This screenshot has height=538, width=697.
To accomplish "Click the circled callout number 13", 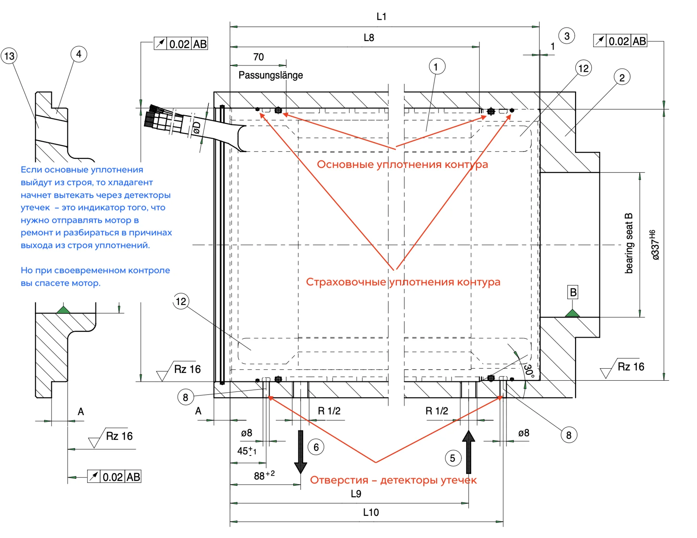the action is coord(9,56).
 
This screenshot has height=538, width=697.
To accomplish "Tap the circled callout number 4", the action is coord(79,54).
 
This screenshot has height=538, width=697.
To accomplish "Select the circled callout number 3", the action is coord(567,36).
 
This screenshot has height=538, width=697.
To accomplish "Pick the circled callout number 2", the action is coord(622,78).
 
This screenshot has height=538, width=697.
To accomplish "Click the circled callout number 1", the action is coord(437,67).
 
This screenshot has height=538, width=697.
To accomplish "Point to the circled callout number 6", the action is coord(316,447).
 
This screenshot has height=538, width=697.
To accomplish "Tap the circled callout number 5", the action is coord(453,458).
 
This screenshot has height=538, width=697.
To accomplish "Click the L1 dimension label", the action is coord(381,16).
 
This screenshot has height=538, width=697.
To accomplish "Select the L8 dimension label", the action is coord(369,38).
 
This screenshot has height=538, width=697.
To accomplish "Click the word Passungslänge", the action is coord(271,75).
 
